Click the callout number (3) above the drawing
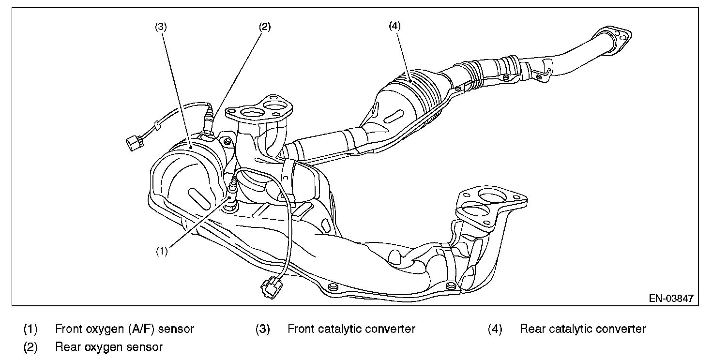click(x=161, y=27)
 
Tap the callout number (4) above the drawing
click(x=394, y=27)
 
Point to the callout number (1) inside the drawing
click(x=162, y=251)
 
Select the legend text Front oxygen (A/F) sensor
click(x=124, y=329)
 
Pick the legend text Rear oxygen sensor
click(x=109, y=346)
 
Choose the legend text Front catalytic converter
click(x=351, y=329)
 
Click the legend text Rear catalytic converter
click(x=583, y=329)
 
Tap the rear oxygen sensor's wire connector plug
click(x=133, y=142)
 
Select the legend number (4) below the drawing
click(x=495, y=329)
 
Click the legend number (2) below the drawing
click(x=30, y=346)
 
